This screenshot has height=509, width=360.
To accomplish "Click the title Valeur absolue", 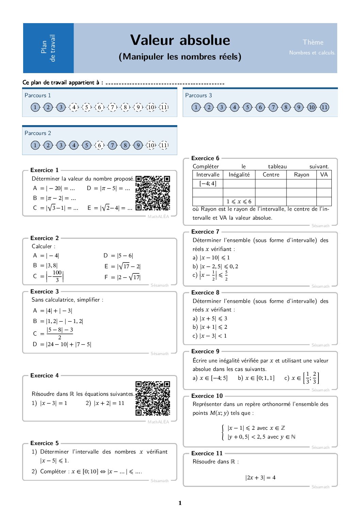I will [180, 40].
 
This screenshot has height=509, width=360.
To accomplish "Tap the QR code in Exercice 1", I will [152, 193].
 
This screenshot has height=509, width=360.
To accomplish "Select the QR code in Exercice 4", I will [152, 398].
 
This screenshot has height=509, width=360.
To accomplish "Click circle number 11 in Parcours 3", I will [325, 107].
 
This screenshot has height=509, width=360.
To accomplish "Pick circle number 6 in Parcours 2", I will [99, 145].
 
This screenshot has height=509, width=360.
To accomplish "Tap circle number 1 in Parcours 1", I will [35, 107].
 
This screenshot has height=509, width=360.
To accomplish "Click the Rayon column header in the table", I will [301, 174].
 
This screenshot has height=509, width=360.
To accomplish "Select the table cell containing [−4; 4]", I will [208, 184].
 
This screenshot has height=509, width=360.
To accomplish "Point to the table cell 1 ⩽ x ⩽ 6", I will [239, 201].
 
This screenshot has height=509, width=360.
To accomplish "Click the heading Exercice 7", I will [205, 232].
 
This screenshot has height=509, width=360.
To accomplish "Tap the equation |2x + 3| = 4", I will [260, 477].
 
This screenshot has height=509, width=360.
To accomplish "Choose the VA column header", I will [324, 174].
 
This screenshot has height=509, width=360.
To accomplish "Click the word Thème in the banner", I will [313, 42].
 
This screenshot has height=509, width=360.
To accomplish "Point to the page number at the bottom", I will [180, 503].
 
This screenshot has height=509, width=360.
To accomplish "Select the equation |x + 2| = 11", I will [109, 403].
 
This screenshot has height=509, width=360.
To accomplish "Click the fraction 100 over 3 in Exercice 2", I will [57, 276].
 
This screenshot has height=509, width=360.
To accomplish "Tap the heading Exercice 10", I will [207, 396].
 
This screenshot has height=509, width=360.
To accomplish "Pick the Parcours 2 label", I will [38, 133].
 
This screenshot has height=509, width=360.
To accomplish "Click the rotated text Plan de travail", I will [48, 48].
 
